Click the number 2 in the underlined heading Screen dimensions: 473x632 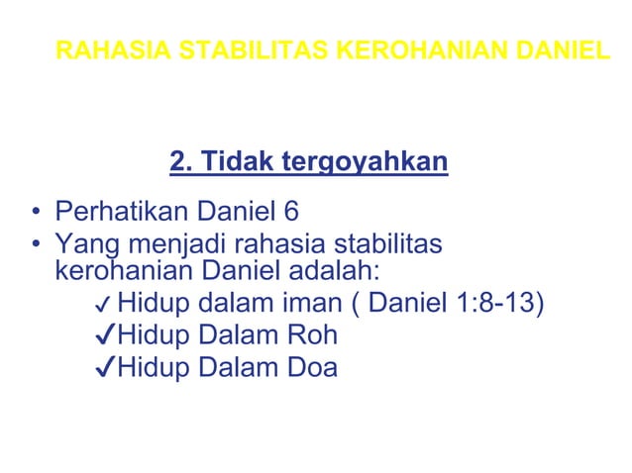coord(178,160)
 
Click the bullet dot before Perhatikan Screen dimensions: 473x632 coord(36,212)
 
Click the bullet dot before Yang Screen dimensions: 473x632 coord(36,243)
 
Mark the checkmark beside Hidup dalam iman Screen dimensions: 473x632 coord(102,304)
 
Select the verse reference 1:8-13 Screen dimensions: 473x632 coord(499,302)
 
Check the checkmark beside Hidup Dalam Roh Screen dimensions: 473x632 coord(102,335)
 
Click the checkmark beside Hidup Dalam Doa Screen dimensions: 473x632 coord(102,368)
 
